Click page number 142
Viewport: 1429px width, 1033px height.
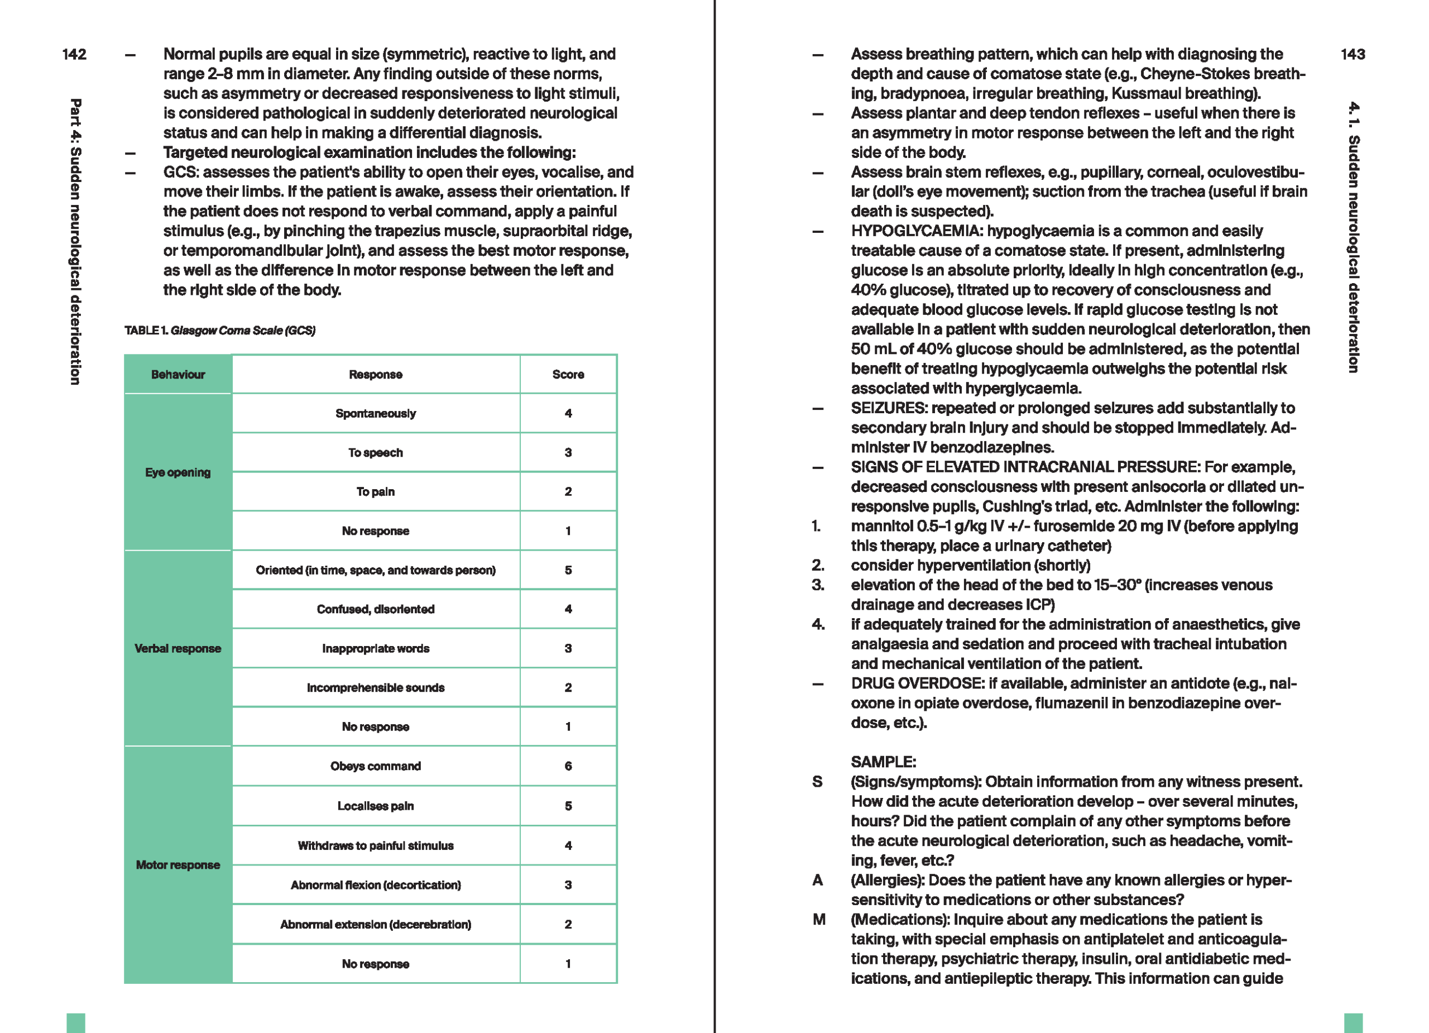(x=74, y=54)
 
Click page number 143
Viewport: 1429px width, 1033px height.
(x=1353, y=54)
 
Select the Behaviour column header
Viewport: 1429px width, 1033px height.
(x=178, y=374)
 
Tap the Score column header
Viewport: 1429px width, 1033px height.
(x=568, y=374)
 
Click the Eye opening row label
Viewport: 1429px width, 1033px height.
(x=178, y=472)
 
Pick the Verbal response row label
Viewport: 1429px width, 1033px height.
(x=178, y=648)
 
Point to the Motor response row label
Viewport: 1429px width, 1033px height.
(x=178, y=865)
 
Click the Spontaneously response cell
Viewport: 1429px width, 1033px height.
(x=376, y=413)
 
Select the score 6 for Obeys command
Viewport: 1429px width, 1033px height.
(x=568, y=766)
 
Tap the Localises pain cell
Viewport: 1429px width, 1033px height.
(x=376, y=806)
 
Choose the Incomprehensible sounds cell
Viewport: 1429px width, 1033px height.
(x=376, y=687)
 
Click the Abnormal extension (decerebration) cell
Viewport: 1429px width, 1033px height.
(x=376, y=924)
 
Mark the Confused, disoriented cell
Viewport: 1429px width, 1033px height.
(x=376, y=609)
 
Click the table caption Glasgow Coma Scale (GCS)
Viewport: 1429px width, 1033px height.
(x=243, y=330)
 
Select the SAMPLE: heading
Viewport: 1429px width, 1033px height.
(x=883, y=762)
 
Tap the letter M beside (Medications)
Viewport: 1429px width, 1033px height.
(x=818, y=919)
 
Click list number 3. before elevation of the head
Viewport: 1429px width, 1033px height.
(x=818, y=585)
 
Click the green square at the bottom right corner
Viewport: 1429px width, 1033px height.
(x=1353, y=1022)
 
